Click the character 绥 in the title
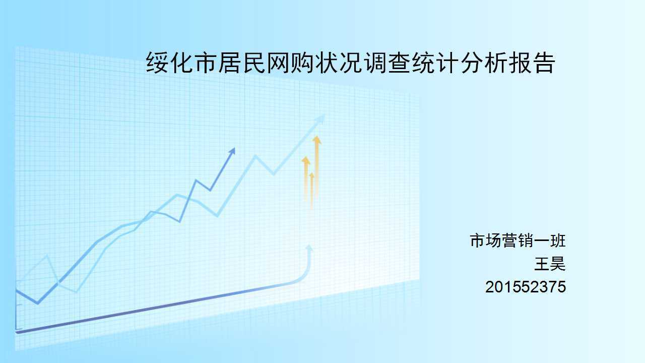[x=158, y=63]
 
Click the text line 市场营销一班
[x=518, y=240]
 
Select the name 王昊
[x=550, y=264]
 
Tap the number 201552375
[x=526, y=287]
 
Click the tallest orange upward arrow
[x=317, y=167]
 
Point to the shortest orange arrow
[x=311, y=190]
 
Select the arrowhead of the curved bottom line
[x=309, y=248]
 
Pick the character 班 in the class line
[x=558, y=240]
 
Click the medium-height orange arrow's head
[x=306, y=160]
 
